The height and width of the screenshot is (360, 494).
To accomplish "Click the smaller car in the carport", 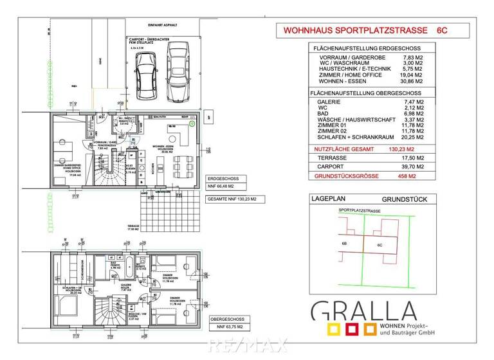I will pos(145,72).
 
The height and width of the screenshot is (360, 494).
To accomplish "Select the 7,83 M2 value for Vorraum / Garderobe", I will pos(412,57).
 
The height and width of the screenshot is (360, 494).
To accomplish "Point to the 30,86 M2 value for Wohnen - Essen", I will pos(412,82).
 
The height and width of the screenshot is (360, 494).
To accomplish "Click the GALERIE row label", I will pos(331,102).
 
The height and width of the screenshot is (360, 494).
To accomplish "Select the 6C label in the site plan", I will pos(380,245).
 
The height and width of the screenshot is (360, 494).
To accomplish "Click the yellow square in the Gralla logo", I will pos(334,330).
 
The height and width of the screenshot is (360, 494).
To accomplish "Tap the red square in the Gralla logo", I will pos(352,330).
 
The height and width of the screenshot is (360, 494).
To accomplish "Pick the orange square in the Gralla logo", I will pos(369,330).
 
